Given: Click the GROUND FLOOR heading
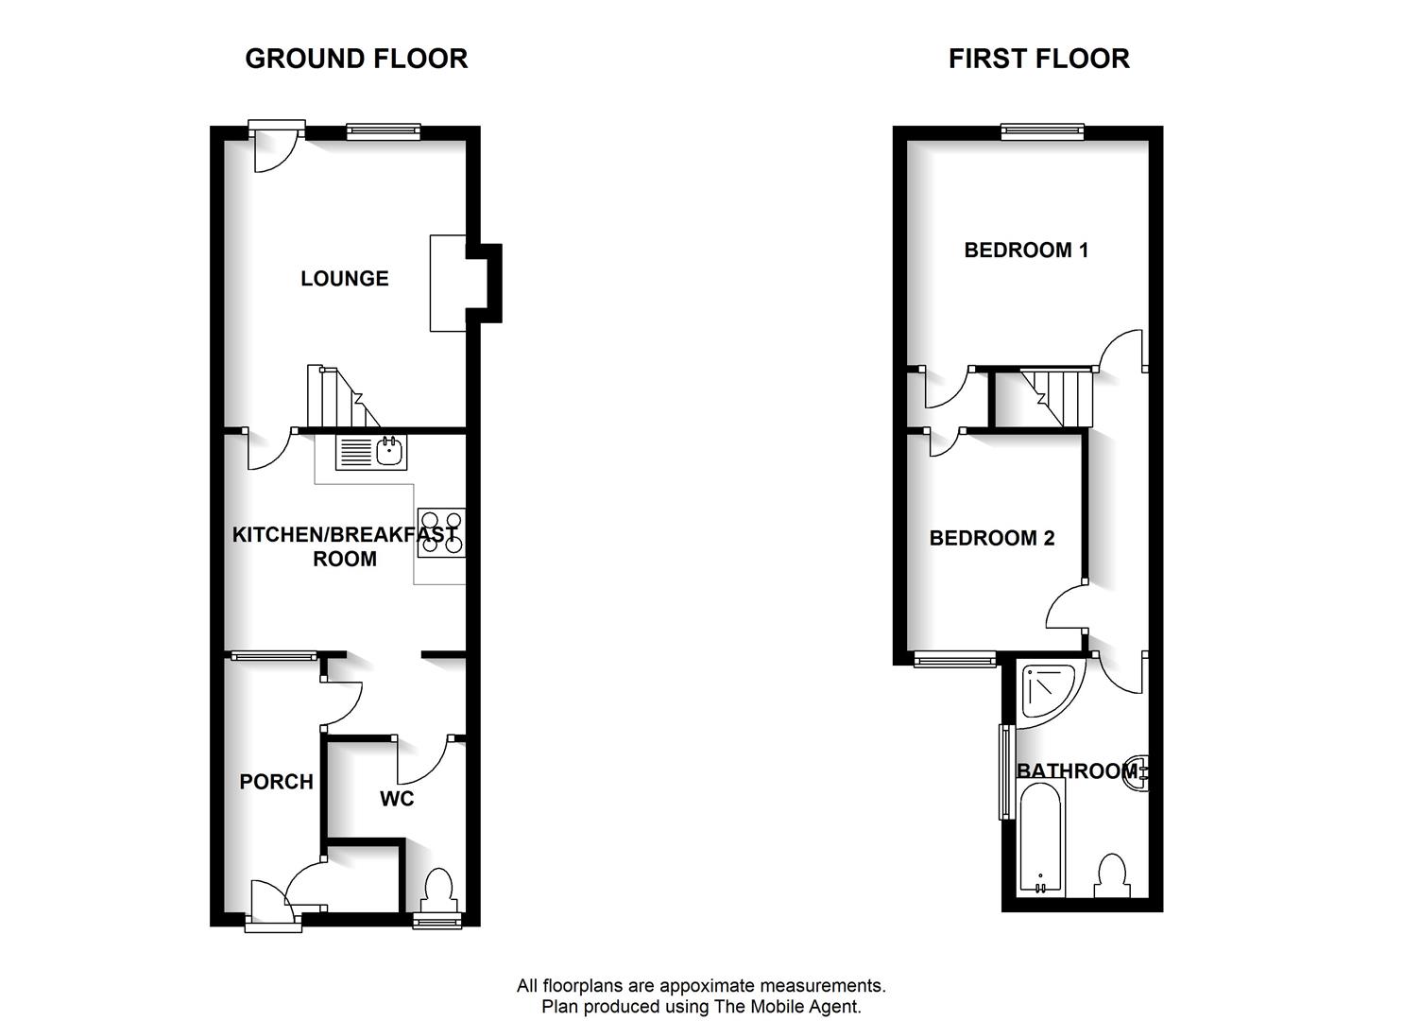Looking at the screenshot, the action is [356, 59].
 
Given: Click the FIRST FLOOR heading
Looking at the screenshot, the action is [1039, 59].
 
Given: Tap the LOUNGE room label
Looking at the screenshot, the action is [345, 278].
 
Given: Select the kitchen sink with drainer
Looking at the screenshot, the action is [371, 452].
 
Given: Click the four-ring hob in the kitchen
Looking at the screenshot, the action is [441, 532].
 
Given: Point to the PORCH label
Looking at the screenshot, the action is [276, 782].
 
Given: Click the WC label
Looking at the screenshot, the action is [397, 799].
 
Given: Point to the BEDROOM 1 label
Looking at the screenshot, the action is [1026, 251].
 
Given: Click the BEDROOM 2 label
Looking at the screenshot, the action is [991, 538].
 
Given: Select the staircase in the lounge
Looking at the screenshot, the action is [343, 396].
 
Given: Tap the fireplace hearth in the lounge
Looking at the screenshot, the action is [448, 284].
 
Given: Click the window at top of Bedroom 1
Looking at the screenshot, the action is [1042, 131].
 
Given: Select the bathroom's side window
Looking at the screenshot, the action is [1006, 771].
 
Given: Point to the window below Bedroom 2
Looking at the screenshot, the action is [954, 658].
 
